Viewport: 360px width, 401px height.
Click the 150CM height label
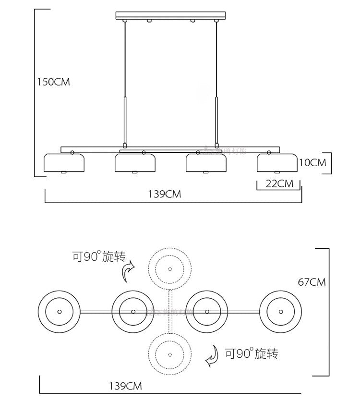[54, 82]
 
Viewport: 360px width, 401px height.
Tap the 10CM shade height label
[312, 163]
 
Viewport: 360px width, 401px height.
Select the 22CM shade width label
[279, 183]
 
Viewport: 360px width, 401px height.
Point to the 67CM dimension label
[312, 282]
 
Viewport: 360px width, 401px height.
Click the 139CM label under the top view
[125, 385]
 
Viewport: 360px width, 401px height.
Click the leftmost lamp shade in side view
[64, 163]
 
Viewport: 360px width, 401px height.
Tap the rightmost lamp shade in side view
[278, 163]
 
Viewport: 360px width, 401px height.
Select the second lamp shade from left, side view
[135, 163]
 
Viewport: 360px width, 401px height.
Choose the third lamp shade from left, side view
[206, 163]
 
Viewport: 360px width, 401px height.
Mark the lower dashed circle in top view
[169, 353]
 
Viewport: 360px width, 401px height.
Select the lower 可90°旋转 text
[252, 354]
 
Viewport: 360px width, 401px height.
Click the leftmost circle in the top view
[59, 311]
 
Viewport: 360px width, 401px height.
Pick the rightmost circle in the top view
[281, 311]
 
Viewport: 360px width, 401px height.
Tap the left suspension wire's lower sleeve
[125, 120]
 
